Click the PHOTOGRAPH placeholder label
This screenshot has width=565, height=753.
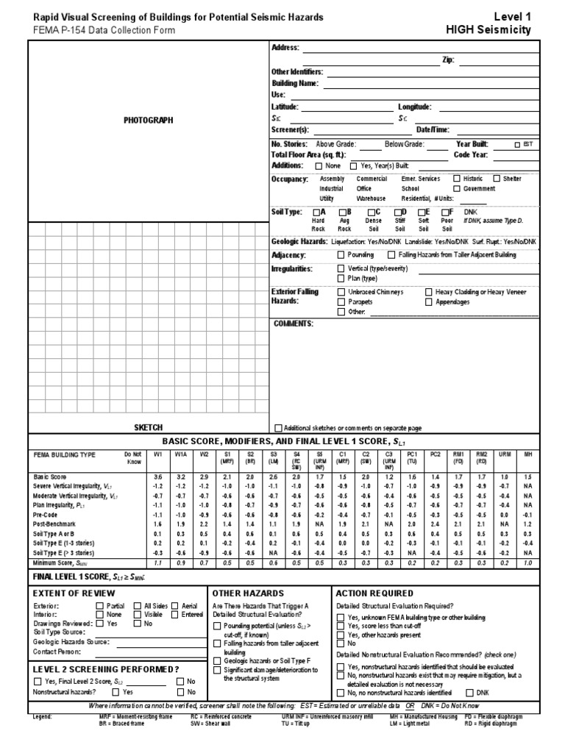coord(148,119)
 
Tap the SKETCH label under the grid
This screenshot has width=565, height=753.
coord(148,427)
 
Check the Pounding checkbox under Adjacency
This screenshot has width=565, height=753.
coord(341,254)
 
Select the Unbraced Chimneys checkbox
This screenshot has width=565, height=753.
coord(341,292)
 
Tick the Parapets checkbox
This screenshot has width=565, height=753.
coord(341,301)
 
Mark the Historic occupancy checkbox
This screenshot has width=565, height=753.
coord(457,178)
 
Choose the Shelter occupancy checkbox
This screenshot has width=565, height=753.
coord(497,178)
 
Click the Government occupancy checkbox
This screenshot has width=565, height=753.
coord(457,188)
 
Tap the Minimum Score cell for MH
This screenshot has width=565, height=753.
coord(527,562)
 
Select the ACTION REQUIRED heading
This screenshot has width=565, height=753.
coord(374,593)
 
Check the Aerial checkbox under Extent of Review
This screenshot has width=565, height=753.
coord(175,606)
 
